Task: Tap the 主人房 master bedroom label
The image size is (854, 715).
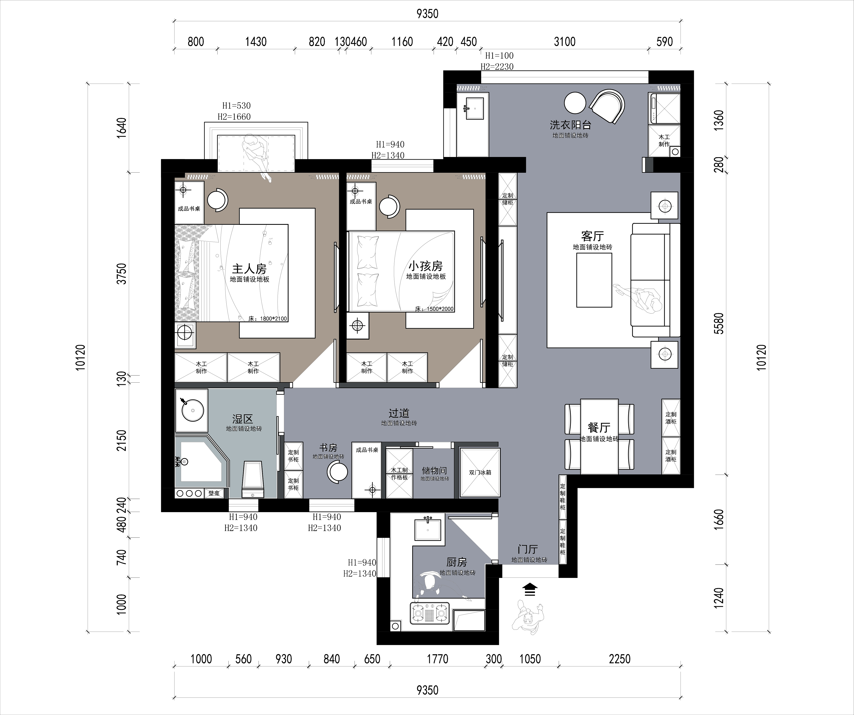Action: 249,269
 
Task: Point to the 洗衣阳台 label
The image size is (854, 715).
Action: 570,125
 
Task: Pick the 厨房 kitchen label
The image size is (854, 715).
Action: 457,562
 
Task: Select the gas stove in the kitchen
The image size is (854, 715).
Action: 430,613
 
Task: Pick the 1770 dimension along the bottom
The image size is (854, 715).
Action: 437,659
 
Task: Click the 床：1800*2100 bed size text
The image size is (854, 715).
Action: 268,319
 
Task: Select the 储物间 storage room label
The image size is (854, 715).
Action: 434,470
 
